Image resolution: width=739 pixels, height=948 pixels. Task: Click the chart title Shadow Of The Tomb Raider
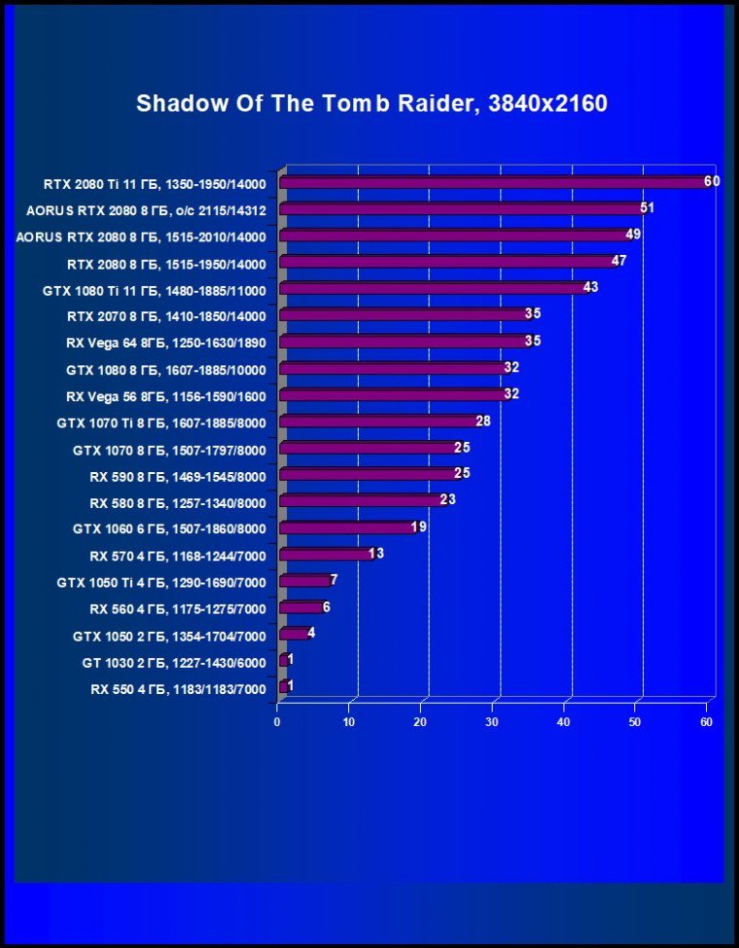point(371,103)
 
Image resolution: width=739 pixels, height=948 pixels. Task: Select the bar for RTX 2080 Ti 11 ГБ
point(496,183)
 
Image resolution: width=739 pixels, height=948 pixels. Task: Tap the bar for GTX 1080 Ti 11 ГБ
point(433,289)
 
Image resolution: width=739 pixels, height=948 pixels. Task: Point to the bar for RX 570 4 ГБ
point(326,555)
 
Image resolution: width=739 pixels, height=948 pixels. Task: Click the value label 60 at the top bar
point(712,181)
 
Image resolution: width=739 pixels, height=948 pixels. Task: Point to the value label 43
point(590,287)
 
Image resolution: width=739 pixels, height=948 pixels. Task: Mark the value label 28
point(483,420)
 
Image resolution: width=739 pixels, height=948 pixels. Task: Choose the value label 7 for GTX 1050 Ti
point(334,580)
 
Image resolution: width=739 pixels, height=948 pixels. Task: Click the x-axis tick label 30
point(492,722)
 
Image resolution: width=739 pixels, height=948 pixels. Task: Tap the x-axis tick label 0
point(278,722)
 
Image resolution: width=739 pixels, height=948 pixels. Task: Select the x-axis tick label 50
point(635,722)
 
